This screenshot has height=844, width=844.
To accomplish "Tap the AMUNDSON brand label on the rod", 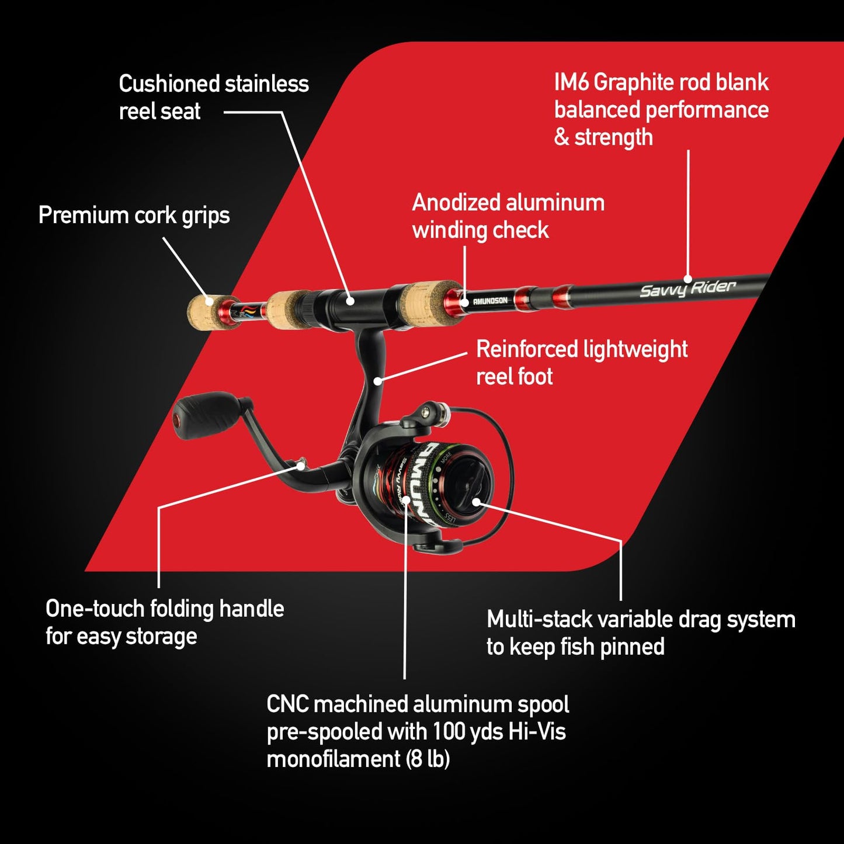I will pos(490,301).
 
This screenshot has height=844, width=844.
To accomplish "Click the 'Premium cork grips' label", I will pos(134,216).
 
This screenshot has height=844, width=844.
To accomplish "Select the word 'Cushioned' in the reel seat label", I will pos(169,84).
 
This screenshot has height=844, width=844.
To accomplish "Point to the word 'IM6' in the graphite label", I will pos(571,82).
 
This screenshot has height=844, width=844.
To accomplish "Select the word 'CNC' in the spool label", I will pos(287,704).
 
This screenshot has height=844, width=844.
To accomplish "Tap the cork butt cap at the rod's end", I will pos(202,311).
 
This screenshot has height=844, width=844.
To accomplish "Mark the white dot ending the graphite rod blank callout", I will pos(688,279).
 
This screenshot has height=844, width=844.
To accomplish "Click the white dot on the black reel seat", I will pos(350,301).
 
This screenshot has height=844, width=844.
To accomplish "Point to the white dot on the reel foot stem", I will pos(378,381).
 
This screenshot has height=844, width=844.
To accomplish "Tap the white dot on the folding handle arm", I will pos(301,466).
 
